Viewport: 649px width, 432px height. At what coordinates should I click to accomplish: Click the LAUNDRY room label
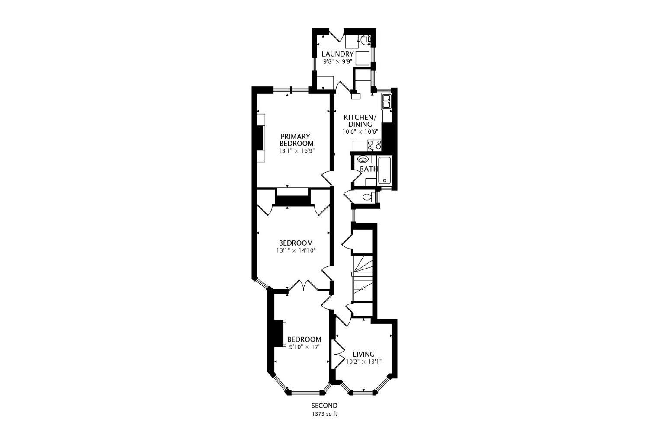click(338, 54)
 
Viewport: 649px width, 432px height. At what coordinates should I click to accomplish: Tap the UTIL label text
click(363, 40)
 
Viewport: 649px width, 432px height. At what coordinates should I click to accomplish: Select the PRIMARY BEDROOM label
click(296, 140)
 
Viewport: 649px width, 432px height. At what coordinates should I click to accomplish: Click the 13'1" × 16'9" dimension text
click(296, 151)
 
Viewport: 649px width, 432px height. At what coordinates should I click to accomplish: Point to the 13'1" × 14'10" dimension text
click(296, 250)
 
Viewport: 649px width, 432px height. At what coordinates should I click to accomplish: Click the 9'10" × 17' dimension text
click(304, 346)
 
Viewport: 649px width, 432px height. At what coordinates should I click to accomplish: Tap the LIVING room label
click(363, 354)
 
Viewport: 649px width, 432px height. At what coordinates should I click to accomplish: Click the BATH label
click(368, 169)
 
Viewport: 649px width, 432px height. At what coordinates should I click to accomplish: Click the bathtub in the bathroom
click(384, 171)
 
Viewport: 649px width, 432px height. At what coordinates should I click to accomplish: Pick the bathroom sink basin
click(362, 159)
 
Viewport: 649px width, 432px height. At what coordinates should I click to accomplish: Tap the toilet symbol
click(368, 198)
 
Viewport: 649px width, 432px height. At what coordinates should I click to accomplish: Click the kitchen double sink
click(386, 102)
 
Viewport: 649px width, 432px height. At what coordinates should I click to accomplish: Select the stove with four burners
click(374, 145)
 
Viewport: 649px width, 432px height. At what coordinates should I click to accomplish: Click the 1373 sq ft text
click(324, 414)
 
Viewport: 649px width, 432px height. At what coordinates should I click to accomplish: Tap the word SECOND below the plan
click(324, 406)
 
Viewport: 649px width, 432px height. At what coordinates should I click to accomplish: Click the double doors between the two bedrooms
click(304, 285)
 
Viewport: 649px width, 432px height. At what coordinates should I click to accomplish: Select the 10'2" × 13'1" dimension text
click(363, 362)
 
